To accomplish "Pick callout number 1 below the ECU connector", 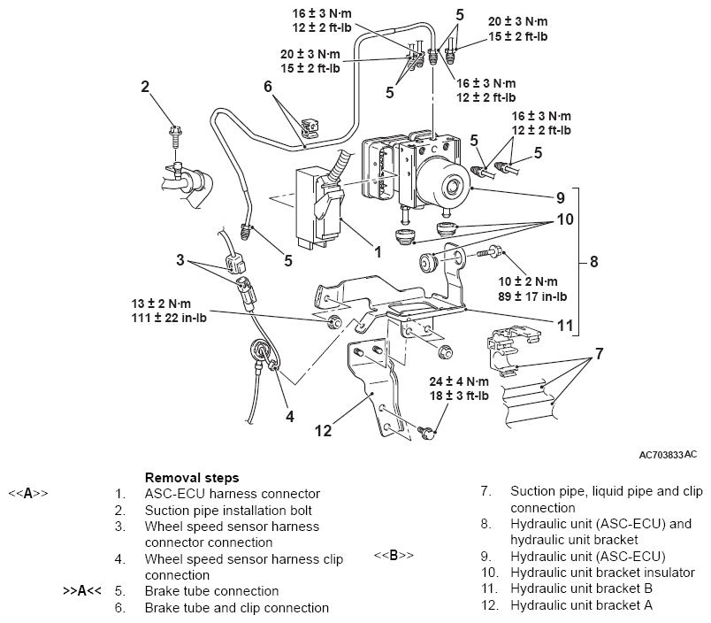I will [x=377, y=252].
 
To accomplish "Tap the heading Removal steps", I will [x=192, y=478].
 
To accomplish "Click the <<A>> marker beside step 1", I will [x=28, y=493].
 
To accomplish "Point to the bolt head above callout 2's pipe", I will [x=173, y=135].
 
